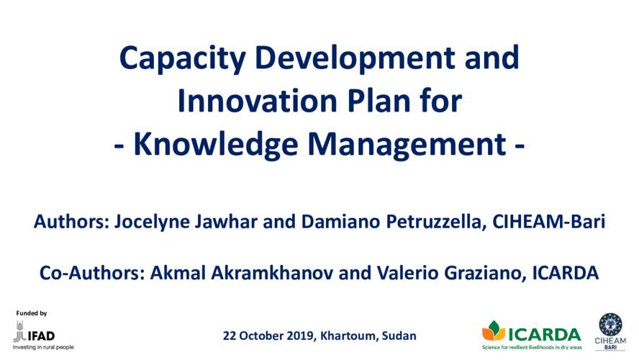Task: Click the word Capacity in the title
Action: [x=182, y=59]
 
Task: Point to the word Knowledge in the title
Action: [x=216, y=144]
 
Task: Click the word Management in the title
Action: [x=407, y=144]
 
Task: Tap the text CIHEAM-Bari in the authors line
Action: [x=549, y=221]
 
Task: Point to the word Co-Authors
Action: [x=92, y=273]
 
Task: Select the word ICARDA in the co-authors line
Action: [x=566, y=273]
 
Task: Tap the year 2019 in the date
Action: [x=300, y=336]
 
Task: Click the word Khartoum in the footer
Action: [x=349, y=336]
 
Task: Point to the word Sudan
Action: [x=399, y=336]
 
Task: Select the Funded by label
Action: [x=32, y=313]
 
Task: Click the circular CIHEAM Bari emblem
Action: [x=610, y=325]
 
